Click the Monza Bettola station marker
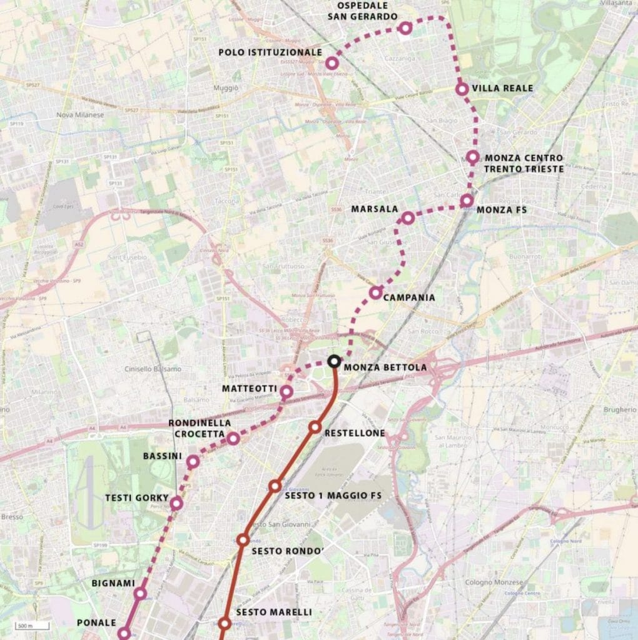[x=334, y=361]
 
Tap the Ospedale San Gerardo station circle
[x=405, y=27]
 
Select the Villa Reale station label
[x=502, y=88]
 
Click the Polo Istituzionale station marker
[x=332, y=63]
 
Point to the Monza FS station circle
[x=467, y=201]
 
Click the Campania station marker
[x=375, y=292]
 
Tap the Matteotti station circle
[x=286, y=392]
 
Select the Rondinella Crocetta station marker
[x=233, y=439]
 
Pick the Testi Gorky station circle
[x=176, y=502]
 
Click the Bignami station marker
[x=140, y=592]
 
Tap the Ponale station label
[x=96, y=622]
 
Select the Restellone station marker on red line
[x=315, y=427]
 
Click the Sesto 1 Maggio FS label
[x=333, y=496]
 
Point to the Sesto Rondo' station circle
[x=243, y=540]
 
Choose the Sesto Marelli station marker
[x=225, y=623]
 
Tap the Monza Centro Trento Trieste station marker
[x=473, y=157]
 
